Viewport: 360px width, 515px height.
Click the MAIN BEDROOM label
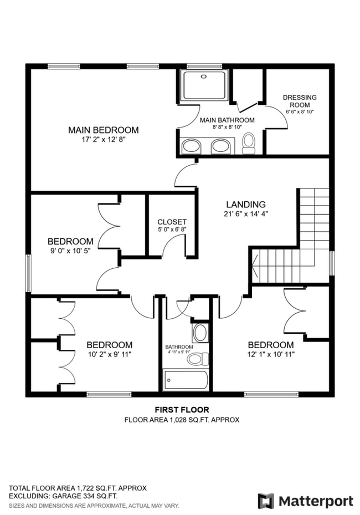click(x=104, y=130)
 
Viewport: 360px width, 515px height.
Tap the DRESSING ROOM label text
click(x=300, y=101)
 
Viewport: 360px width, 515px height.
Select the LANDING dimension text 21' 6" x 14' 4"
click(x=246, y=214)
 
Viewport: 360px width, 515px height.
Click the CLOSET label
click(x=172, y=222)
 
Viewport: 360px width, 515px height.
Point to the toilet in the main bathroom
click(x=249, y=144)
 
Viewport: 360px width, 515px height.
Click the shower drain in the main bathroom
click(x=204, y=77)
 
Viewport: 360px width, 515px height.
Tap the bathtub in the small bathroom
click(x=186, y=381)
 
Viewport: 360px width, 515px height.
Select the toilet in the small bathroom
click(x=198, y=359)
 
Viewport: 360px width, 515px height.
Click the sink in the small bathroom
click(x=199, y=333)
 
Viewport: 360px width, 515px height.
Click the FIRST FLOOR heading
click(x=182, y=410)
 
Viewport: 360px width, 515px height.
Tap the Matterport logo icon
click(x=266, y=501)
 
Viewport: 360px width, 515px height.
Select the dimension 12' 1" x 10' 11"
click(x=271, y=355)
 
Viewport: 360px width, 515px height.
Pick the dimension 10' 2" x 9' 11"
click(x=110, y=355)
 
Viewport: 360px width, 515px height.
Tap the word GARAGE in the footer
click(x=68, y=496)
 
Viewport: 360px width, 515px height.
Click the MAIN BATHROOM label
click(x=227, y=120)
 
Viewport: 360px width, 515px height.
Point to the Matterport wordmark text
click(x=316, y=502)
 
